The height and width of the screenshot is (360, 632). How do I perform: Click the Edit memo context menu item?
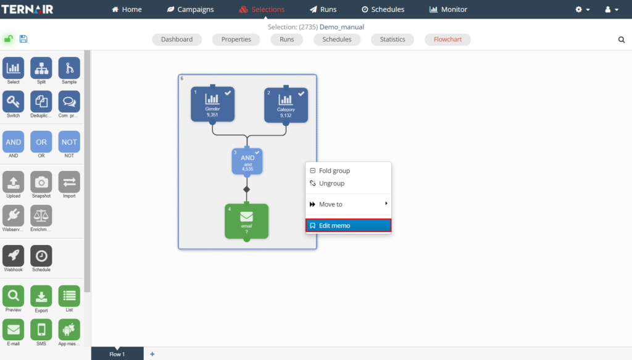pyautogui.click(x=348, y=225)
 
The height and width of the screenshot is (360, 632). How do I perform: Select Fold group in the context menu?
pyautogui.click(x=348, y=170)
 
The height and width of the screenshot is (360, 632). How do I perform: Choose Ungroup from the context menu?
pyautogui.click(x=348, y=183)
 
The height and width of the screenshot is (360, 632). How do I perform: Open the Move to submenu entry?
pyautogui.click(x=348, y=204)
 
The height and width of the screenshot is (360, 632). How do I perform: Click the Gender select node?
pyautogui.click(x=212, y=104)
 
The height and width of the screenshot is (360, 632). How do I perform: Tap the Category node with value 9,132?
pyautogui.click(x=286, y=104)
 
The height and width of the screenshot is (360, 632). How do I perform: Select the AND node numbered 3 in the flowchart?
pyautogui.click(x=247, y=162)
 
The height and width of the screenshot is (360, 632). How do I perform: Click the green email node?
pyautogui.click(x=246, y=220)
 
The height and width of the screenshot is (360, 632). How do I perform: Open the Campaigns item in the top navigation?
pyautogui.click(x=190, y=9)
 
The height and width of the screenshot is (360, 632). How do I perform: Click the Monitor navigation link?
pyautogui.click(x=449, y=9)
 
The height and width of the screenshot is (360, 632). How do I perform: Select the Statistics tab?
pyautogui.click(x=393, y=40)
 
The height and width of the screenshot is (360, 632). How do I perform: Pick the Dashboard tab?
pyautogui.click(x=177, y=40)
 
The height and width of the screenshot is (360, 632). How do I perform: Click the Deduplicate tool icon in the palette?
pyautogui.click(x=41, y=102)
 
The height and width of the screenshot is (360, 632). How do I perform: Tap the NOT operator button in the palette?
pyautogui.click(x=69, y=142)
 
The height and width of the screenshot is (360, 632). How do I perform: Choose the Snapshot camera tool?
pyautogui.click(x=41, y=182)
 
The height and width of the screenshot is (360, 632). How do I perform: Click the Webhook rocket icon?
pyautogui.click(x=14, y=256)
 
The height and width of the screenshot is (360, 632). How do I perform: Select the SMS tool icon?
pyautogui.click(x=41, y=330)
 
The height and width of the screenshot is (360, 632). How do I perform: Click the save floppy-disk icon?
pyautogui.click(x=23, y=39)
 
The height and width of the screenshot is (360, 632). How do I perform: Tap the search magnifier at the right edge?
pyautogui.click(x=622, y=40)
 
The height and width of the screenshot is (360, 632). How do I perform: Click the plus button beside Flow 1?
pyautogui.click(x=152, y=354)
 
